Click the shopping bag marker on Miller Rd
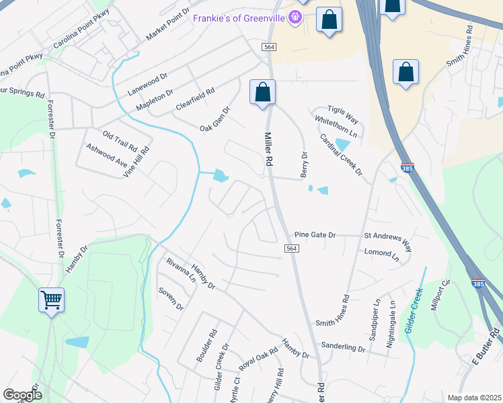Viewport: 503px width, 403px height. (262, 93)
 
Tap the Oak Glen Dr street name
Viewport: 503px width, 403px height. (215, 119)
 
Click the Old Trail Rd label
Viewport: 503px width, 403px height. (120, 140)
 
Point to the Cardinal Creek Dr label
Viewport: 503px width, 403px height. (341, 155)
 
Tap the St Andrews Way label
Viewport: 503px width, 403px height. (388, 237)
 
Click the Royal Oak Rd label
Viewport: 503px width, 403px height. (258, 360)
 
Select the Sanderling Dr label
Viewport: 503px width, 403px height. (343, 349)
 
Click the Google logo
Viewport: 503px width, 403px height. (22, 395)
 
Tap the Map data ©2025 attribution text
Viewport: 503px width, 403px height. (473, 398)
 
